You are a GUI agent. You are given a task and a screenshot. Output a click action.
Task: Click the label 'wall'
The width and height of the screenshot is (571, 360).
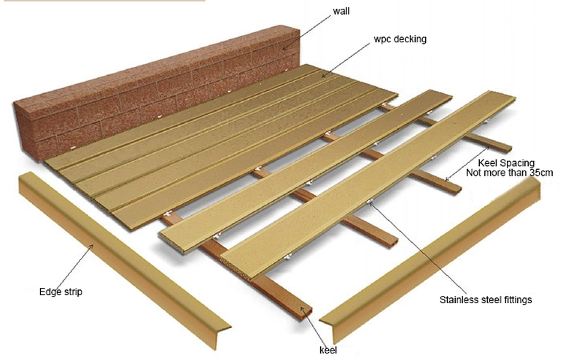pyautogui.click(x=341, y=11)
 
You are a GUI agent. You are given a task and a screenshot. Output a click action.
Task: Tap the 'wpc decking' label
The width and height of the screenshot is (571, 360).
pyautogui.click(x=400, y=39)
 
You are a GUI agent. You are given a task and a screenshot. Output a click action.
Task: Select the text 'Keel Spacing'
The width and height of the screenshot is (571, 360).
pyautogui.click(x=506, y=163)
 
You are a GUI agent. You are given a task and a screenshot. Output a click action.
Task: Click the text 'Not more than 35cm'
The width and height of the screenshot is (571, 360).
pyautogui.click(x=509, y=173)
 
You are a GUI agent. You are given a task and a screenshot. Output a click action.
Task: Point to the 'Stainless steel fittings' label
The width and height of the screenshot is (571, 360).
pyautogui.click(x=486, y=300)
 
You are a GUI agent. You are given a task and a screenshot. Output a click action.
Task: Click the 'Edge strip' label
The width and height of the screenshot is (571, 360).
pyautogui.click(x=61, y=291)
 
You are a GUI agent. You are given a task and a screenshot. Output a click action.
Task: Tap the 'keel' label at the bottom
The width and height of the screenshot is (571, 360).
pyautogui.click(x=328, y=350)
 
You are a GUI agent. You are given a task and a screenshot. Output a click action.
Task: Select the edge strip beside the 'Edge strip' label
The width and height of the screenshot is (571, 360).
pyautogui.click(x=124, y=259)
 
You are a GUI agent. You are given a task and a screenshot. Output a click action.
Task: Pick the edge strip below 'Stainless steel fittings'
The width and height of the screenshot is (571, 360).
pyautogui.click(x=430, y=259)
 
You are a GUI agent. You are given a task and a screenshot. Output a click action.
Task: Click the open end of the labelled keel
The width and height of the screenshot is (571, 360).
pyautogui.click(x=304, y=312)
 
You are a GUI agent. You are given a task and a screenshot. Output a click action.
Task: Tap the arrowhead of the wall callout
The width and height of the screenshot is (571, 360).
pyautogui.click(x=284, y=49)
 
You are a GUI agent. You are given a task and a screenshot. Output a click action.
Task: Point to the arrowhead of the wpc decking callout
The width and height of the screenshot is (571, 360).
pyautogui.click(x=322, y=76)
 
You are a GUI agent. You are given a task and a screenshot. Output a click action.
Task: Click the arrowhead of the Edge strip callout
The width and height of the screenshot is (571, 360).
pyautogui.click(x=92, y=246)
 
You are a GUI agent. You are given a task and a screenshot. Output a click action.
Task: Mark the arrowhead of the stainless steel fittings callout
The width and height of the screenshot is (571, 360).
pyautogui.click(x=370, y=202)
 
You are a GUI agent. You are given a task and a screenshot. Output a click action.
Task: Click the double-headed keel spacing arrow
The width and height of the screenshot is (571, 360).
pyautogui.click(x=467, y=163)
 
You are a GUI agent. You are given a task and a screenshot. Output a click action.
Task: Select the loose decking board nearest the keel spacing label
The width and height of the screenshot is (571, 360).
pyautogui.click(x=368, y=186)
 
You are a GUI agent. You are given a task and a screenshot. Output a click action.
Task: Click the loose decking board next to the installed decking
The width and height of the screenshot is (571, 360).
pyautogui.click(x=306, y=171)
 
